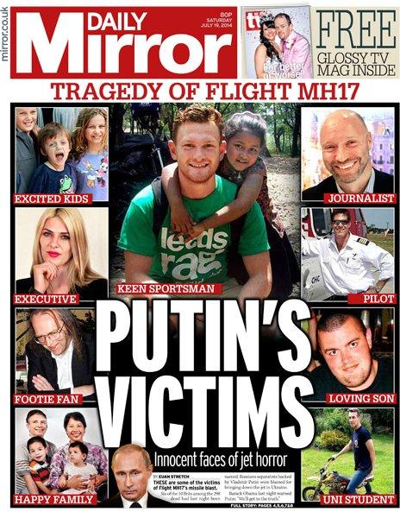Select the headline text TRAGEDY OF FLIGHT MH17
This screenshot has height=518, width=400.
200,92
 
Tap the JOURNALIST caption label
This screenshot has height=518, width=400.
360,199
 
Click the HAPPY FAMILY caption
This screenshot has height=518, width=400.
54,500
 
